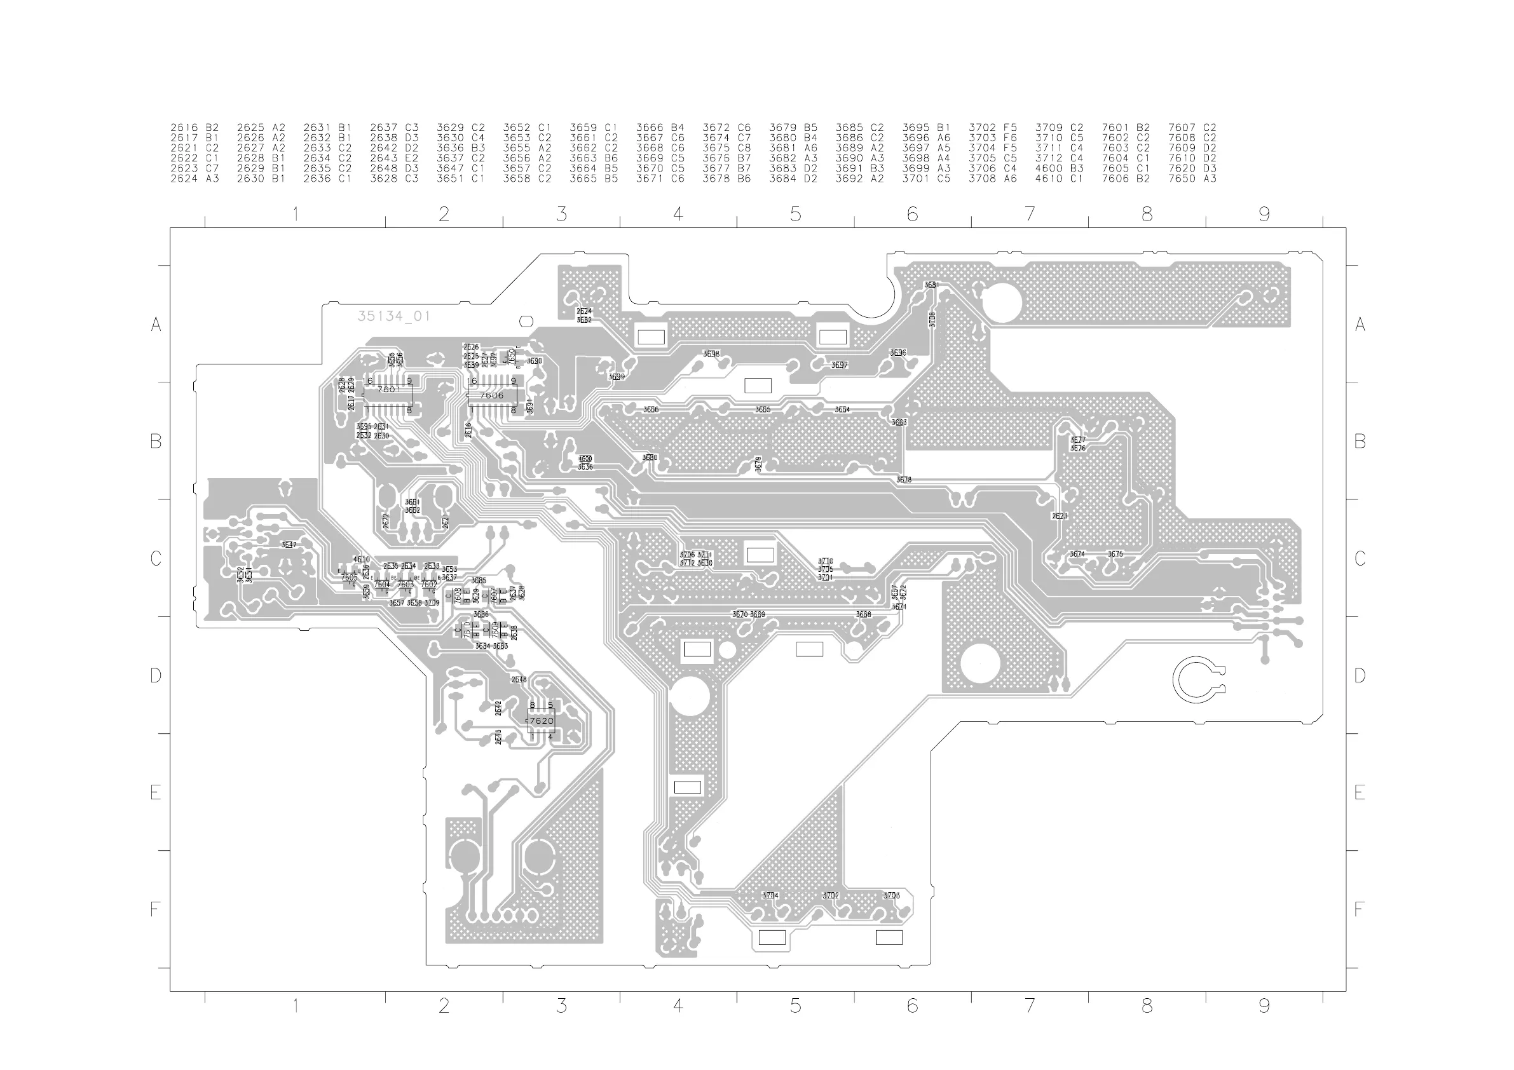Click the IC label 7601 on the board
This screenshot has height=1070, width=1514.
point(388,389)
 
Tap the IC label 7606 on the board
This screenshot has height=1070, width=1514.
point(492,396)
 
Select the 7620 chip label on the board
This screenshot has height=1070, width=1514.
point(542,721)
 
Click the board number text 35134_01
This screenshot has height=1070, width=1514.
point(393,316)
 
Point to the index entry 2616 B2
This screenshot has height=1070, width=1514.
point(194,128)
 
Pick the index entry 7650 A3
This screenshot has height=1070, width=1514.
point(1192,179)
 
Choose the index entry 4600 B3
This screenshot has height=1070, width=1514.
point(1059,169)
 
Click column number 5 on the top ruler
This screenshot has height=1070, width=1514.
point(795,214)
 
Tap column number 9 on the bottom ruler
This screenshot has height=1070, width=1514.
point(1264,1006)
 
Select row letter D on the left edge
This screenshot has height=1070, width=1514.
point(156,676)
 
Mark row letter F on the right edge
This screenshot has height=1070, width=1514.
point(1359,910)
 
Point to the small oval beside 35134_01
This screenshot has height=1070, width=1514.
point(526,321)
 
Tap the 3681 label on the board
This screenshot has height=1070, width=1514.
point(931,285)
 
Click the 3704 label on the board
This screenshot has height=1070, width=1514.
point(770,896)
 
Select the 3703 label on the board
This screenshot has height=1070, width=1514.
point(892,896)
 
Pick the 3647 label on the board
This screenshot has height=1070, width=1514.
point(289,545)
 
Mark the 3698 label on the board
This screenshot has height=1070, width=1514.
point(711,355)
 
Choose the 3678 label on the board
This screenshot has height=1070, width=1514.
point(903,480)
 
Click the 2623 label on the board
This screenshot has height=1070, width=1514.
point(1059,516)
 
